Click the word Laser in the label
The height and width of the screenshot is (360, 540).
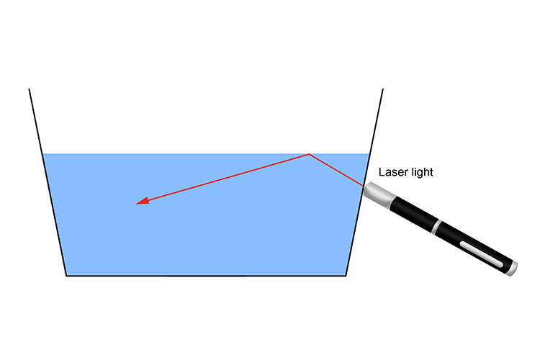coord(393,173)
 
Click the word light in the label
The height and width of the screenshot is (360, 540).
coord(422,173)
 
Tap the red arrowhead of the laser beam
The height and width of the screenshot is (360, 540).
coord(143,202)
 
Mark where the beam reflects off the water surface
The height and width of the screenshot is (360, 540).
coord(309,154)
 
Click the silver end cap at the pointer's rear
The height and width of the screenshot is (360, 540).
coord(512,269)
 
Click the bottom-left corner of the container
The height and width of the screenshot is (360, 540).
coord(66,275)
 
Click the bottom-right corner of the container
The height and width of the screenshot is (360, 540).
coord(346,275)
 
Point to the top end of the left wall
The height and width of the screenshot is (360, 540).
coord(29,89)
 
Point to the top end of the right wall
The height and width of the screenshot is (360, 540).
coord(382,89)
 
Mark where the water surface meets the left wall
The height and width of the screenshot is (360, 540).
coord(42,153)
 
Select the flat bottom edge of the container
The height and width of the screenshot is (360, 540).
coord(206,275)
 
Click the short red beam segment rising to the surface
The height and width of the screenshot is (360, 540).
coord(336,171)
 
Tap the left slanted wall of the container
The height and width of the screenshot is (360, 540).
coord(48,184)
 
